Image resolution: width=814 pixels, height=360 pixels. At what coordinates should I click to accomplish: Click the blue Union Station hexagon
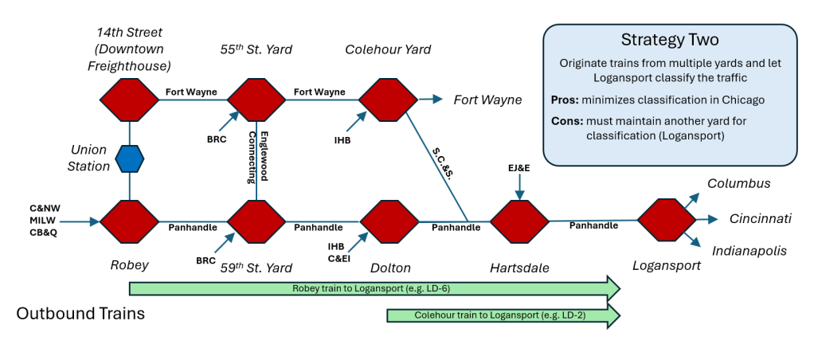(x=129, y=159)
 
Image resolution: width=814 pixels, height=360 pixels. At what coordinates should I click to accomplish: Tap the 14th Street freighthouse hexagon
(x=129, y=100)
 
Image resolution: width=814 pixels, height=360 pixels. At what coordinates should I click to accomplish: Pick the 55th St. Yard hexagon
(x=256, y=100)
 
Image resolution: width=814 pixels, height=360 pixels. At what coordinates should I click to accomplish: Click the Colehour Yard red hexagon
(x=388, y=100)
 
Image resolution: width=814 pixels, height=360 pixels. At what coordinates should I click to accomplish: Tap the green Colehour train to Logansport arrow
(x=502, y=315)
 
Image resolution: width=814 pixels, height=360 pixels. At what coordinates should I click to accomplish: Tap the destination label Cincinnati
(x=760, y=218)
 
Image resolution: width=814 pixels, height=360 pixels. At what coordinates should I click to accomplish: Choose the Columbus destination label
(x=738, y=183)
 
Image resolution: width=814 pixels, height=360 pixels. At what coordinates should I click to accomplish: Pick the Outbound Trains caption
(x=80, y=314)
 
